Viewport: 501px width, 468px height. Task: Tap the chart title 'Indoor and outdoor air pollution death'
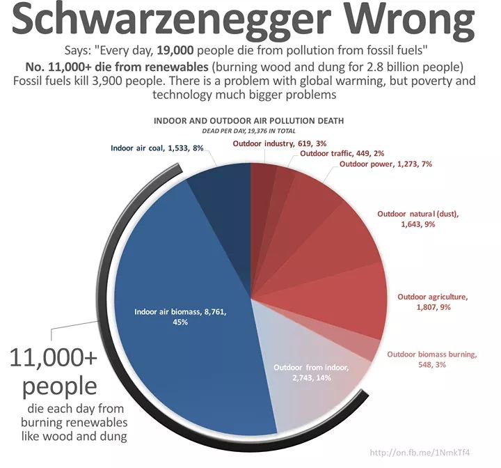pos(248,120)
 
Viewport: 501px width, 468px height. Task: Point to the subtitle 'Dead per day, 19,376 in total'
pos(248,130)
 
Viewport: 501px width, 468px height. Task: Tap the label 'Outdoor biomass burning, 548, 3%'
pos(431,359)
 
